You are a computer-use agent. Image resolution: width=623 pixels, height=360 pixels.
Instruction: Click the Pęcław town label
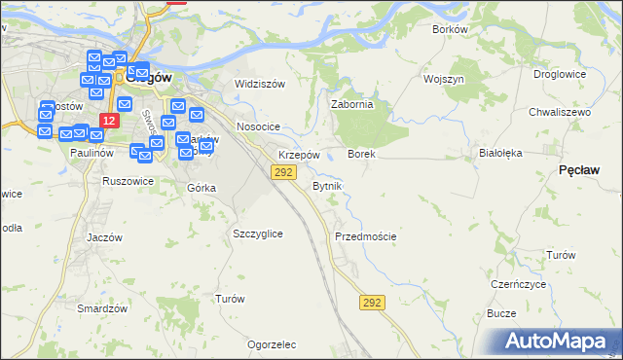(579, 169)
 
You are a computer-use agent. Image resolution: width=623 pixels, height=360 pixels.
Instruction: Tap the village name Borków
(450, 29)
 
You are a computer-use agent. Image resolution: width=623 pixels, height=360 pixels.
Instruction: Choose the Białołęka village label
(501, 153)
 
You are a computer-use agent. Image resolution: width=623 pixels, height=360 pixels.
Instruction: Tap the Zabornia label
(352, 104)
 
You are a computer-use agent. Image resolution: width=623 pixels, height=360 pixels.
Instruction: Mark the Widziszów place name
(260, 84)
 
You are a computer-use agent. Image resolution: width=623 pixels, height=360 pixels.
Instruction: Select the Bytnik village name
(327, 185)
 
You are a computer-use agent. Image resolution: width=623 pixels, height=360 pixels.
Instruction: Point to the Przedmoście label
(365, 236)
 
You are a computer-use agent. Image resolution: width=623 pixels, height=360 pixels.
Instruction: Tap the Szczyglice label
(258, 234)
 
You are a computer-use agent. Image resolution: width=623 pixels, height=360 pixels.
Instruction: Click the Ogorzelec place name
(272, 344)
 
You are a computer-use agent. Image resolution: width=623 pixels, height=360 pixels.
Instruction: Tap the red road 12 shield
(108, 121)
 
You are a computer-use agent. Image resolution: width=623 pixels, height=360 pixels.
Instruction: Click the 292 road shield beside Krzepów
(282, 172)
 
